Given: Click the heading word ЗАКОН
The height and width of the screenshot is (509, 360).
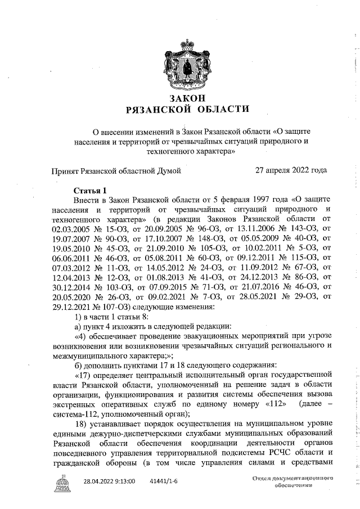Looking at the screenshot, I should [187, 98].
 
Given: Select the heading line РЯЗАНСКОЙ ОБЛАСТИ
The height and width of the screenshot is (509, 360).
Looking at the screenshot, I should [187, 109].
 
